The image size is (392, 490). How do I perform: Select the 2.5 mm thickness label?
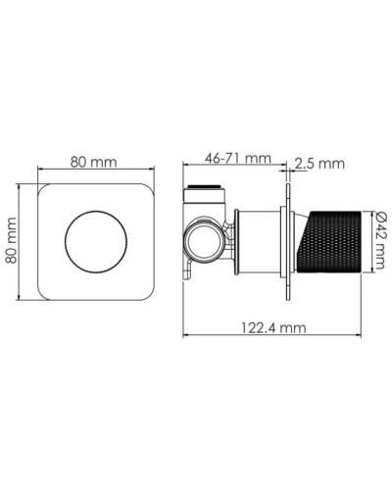tap(319, 164)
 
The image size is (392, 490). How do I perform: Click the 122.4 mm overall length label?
tap(273, 329)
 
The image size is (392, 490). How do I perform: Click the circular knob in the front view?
tap(94, 239)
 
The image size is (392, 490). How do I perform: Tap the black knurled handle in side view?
tap(335, 239)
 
